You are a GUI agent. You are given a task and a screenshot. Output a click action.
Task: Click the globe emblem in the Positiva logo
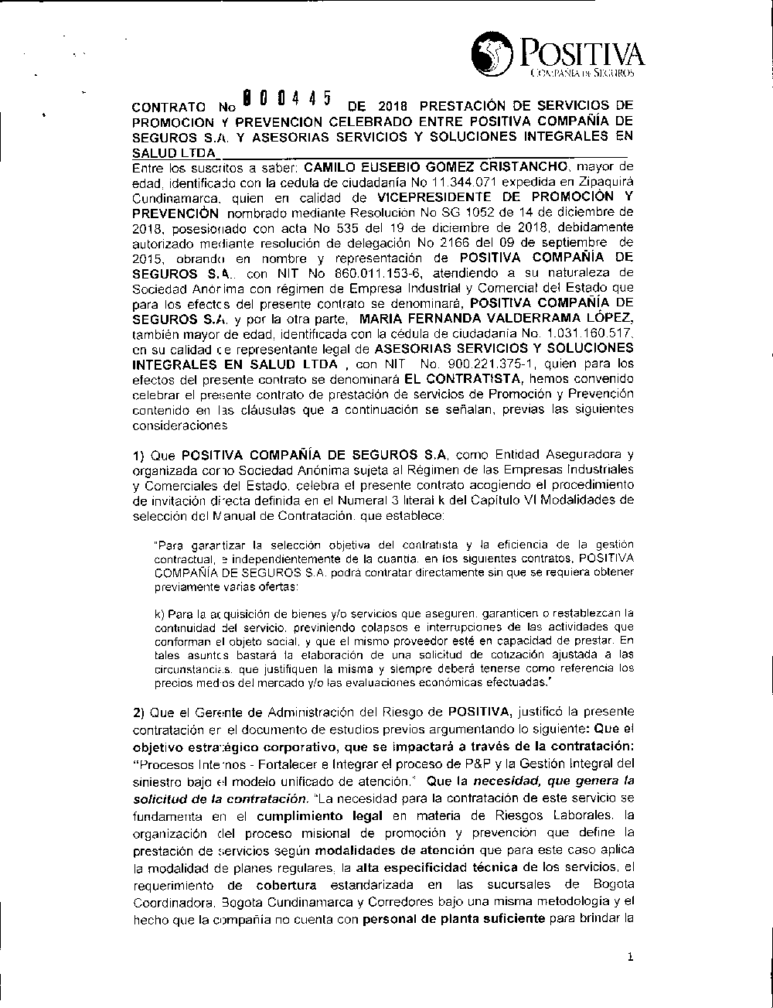(x=491, y=54)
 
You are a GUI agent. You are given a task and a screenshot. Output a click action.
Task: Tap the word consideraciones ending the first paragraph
(x=180, y=425)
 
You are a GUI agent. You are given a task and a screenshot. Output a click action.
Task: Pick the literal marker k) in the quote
(x=161, y=613)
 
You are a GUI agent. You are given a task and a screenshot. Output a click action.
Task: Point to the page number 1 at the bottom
(x=631, y=957)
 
